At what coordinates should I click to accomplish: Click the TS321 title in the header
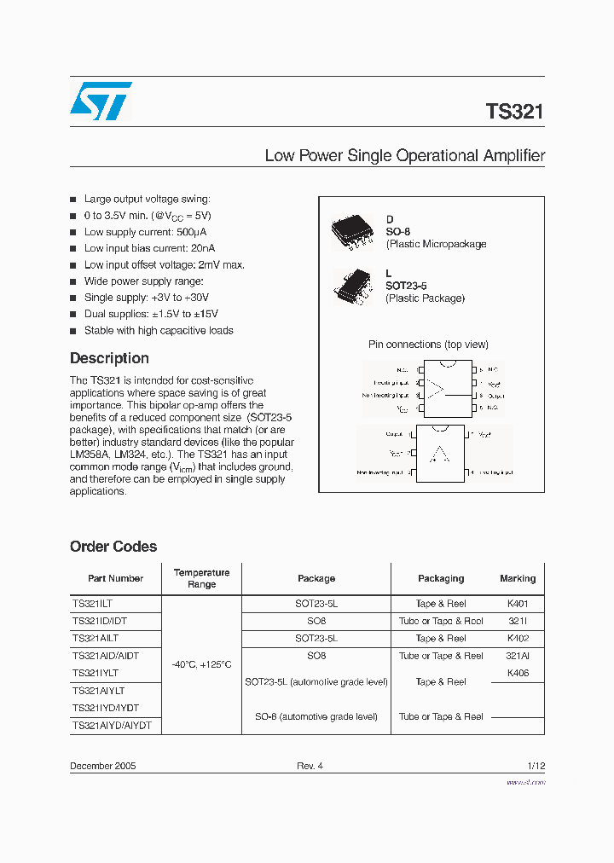514,112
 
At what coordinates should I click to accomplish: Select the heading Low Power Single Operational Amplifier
404,156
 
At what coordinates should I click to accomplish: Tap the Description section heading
109,358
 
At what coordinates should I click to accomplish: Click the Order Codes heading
113,547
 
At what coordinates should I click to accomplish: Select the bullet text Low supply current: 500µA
145,232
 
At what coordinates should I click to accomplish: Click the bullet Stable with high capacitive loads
158,331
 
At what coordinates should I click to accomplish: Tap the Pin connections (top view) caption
428,345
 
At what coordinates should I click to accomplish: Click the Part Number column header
115,578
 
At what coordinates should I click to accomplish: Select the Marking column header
518,578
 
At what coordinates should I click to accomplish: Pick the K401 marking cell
518,604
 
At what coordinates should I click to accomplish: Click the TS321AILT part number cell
96,639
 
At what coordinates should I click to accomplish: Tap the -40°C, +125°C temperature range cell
201,664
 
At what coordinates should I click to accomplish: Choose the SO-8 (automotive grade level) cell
316,717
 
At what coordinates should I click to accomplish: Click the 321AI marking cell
518,656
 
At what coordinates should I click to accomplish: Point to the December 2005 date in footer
102,766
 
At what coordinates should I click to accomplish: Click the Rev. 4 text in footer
310,766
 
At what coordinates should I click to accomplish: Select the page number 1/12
535,766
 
